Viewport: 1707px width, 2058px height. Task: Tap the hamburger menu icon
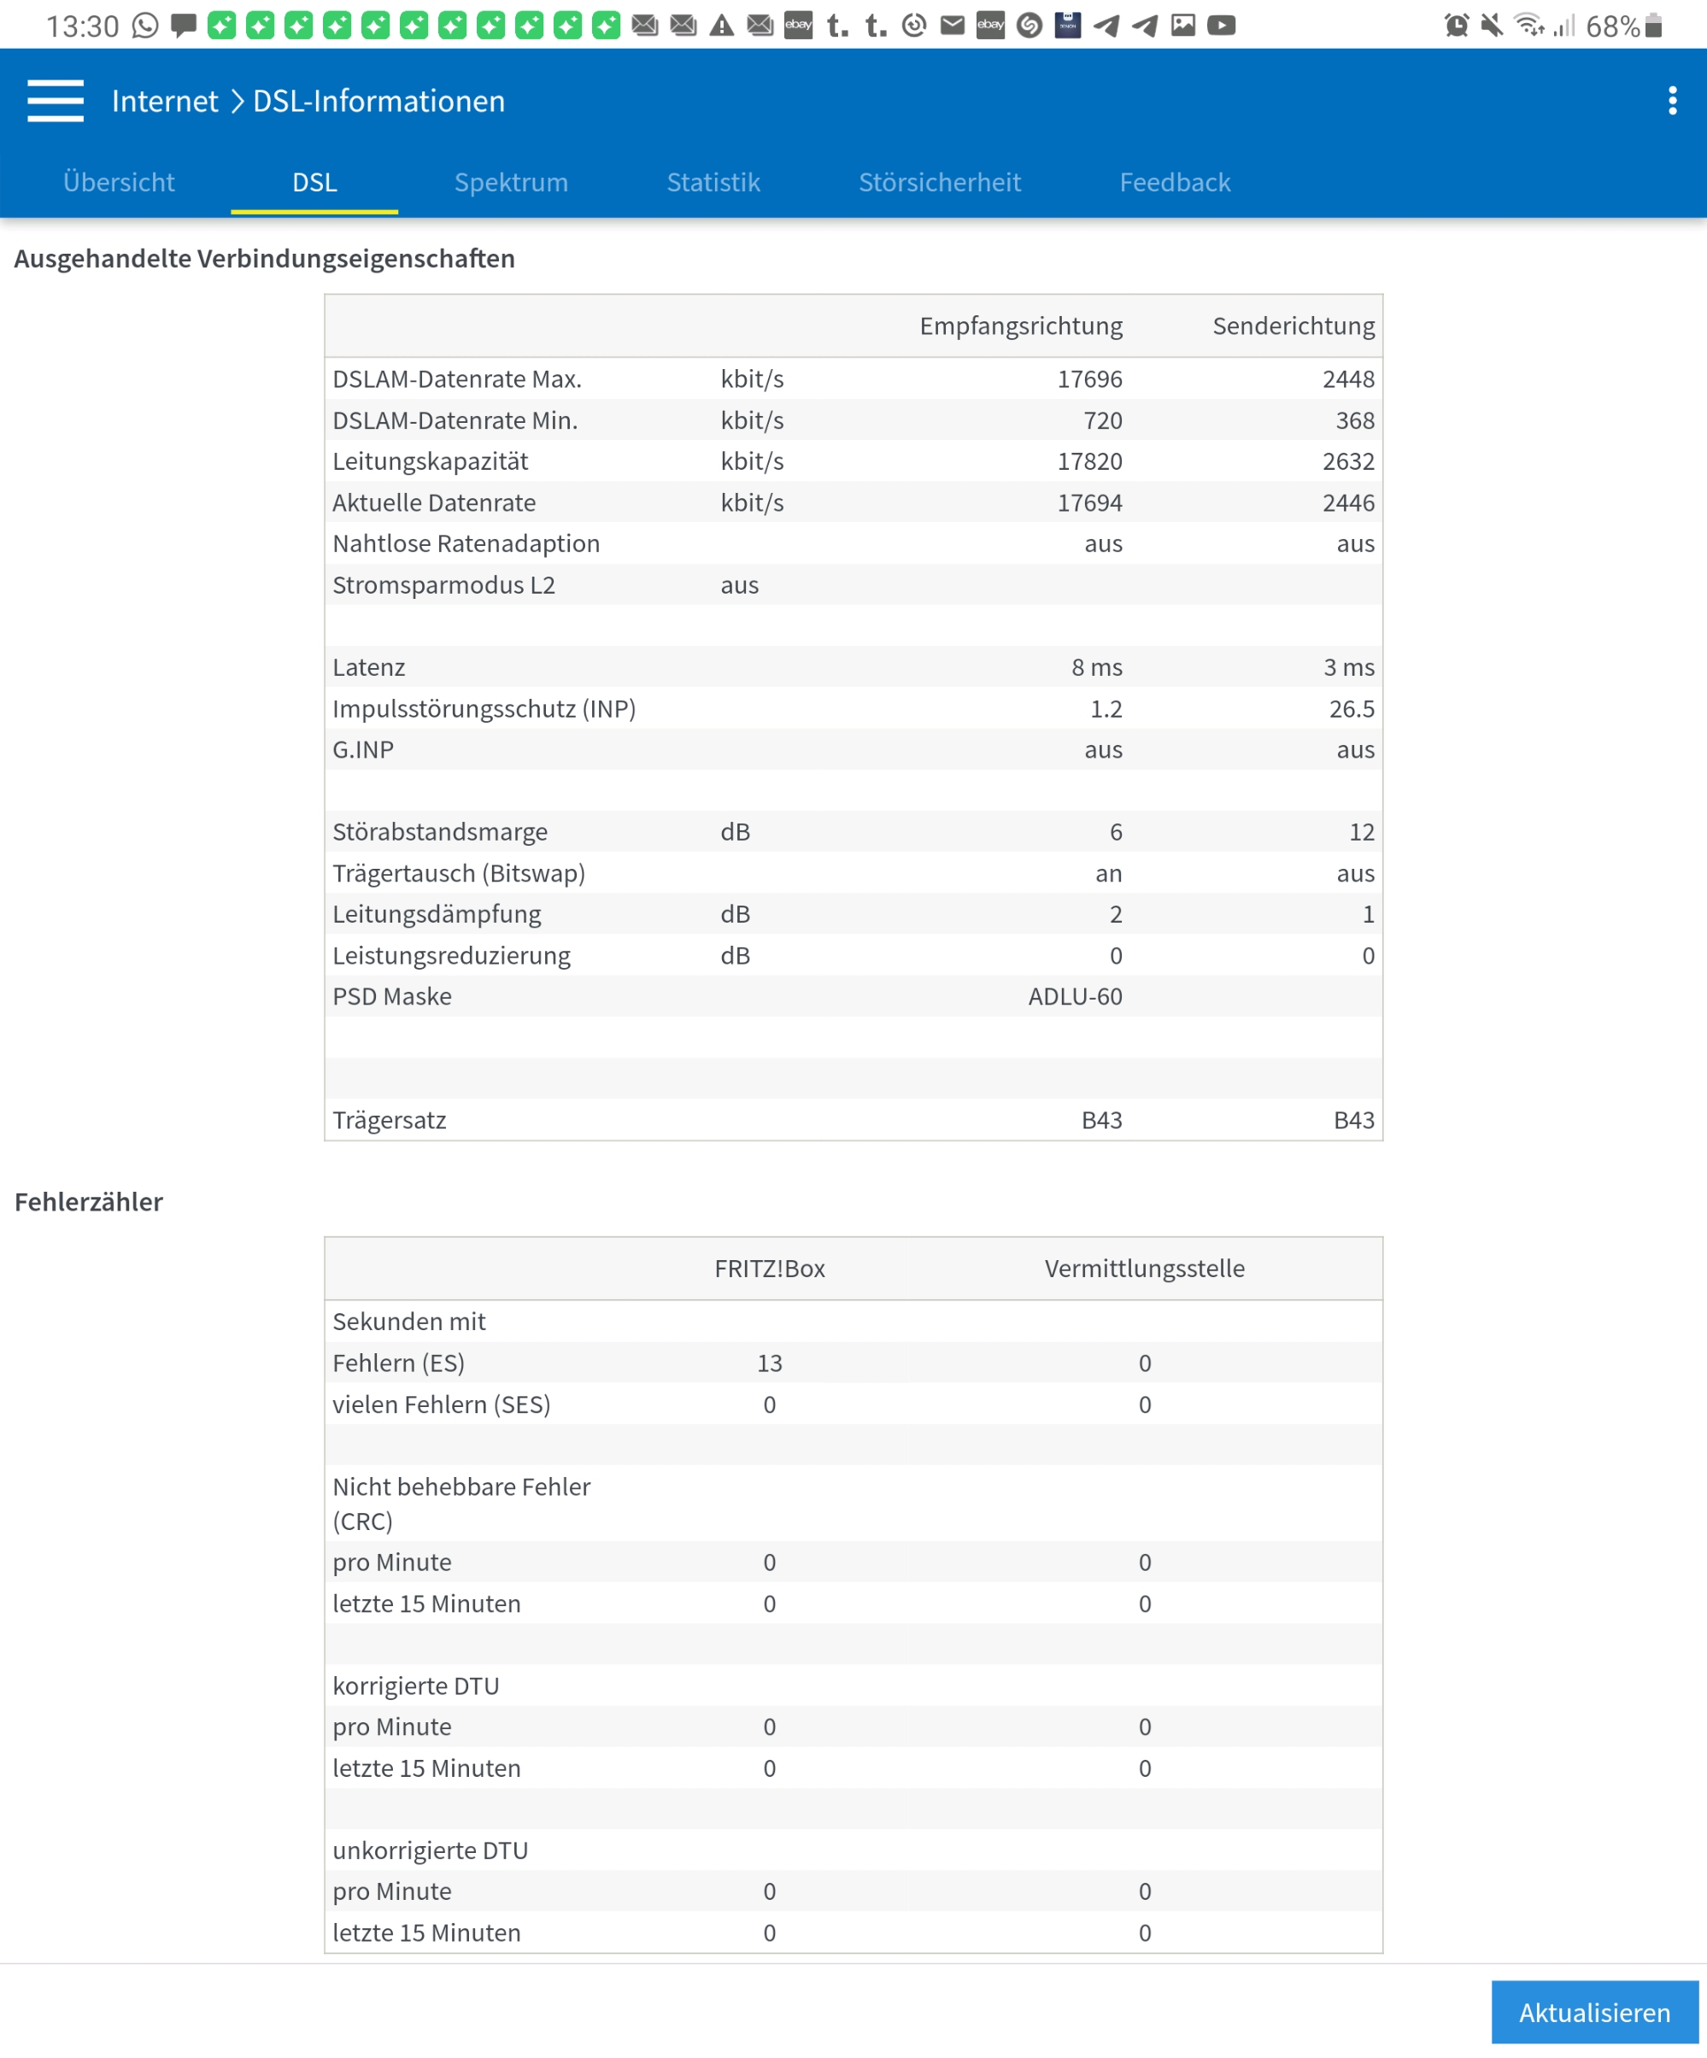point(56,101)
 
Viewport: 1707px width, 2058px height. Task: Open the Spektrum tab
point(511,182)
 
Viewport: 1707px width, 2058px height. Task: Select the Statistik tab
point(713,182)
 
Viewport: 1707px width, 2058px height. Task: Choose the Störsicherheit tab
point(939,182)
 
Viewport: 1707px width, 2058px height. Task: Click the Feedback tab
point(1174,182)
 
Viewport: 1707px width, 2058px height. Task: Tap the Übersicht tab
point(119,182)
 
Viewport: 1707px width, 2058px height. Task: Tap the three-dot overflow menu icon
point(1672,101)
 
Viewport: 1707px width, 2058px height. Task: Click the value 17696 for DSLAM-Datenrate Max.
point(1088,379)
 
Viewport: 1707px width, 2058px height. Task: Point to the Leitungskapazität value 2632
point(1347,461)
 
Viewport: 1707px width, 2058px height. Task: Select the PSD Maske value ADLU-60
point(1074,997)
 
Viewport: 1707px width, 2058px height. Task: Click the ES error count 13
point(769,1363)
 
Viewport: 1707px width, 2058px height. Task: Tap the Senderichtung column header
point(1293,326)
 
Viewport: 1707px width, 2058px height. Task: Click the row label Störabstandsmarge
point(440,832)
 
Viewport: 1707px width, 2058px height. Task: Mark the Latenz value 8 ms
point(1096,667)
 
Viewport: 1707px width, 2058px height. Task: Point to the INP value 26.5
point(1351,708)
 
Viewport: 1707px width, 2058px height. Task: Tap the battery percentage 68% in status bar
point(1612,26)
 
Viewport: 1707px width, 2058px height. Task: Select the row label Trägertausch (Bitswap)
point(459,873)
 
